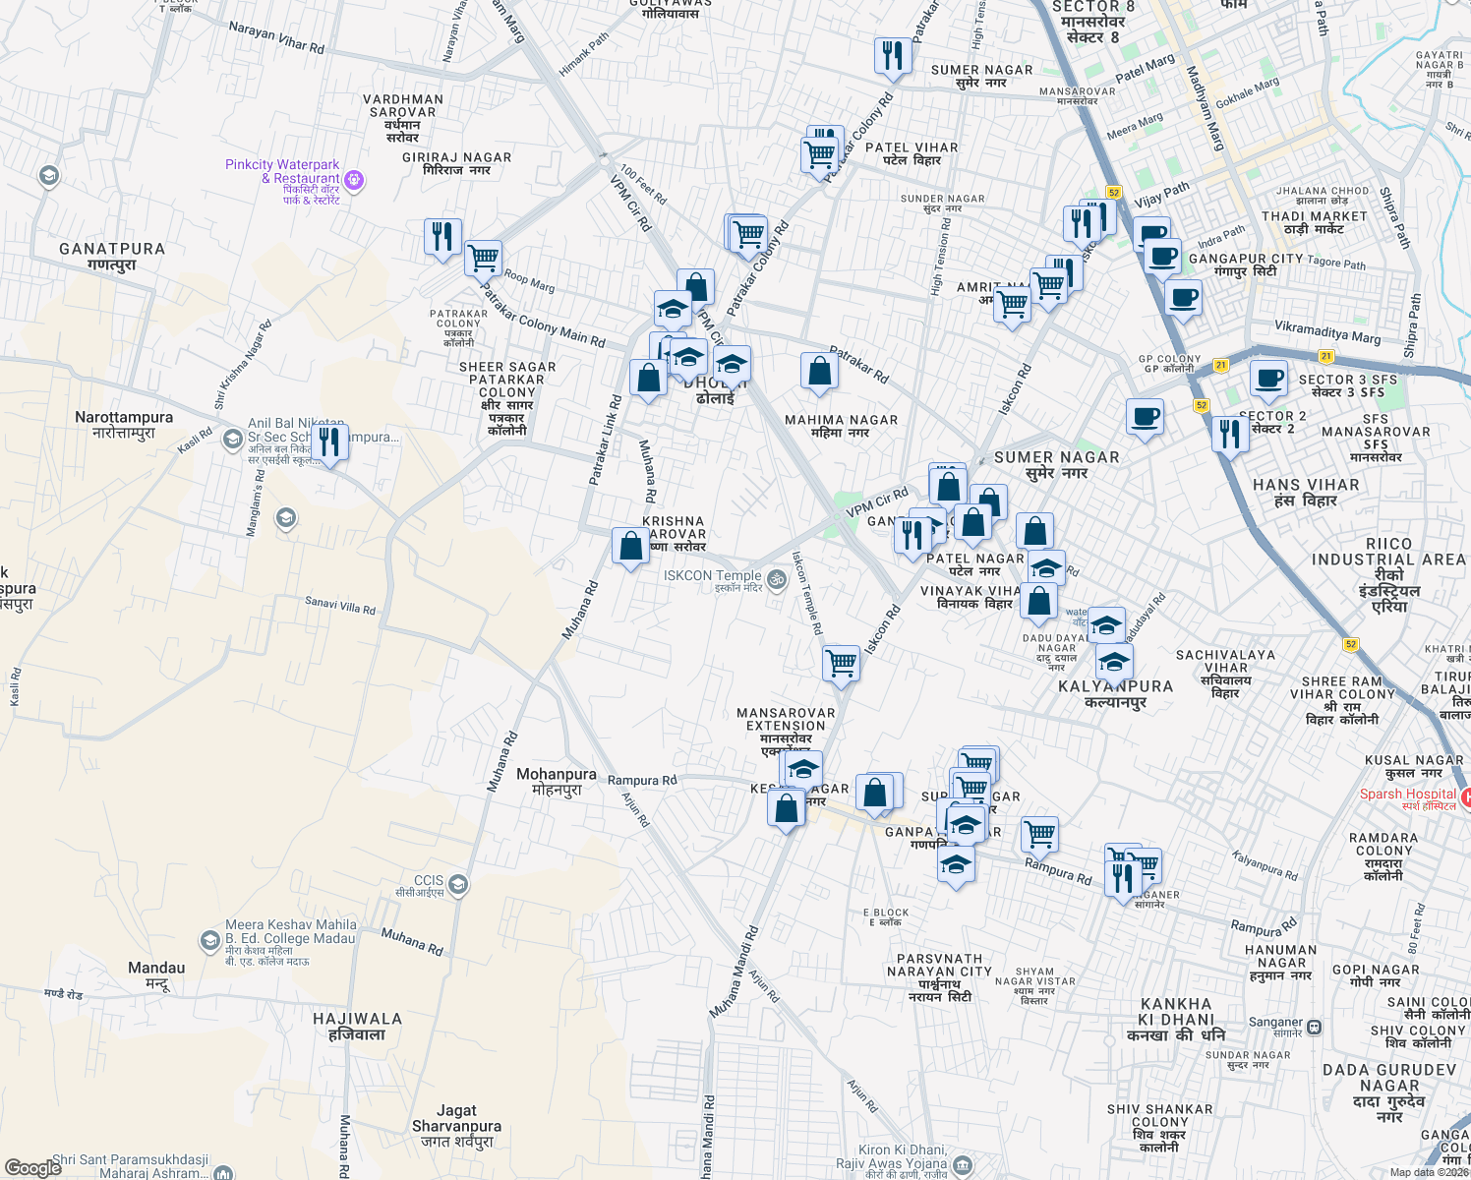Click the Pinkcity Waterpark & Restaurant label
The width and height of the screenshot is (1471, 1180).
[x=282, y=172]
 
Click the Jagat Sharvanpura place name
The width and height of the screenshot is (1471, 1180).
[x=456, y=1118]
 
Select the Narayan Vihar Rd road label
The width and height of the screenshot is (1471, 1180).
[x=276, y=38]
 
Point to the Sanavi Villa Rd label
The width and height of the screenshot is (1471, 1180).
[x=340, y=606]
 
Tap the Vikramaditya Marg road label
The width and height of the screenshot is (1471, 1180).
[x=1327, y=332]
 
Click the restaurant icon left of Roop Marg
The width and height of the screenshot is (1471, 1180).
[x=442, y=237]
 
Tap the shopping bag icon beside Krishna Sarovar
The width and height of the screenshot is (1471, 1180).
[x=630, y=546]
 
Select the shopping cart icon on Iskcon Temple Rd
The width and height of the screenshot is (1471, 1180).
[x=841, y=663]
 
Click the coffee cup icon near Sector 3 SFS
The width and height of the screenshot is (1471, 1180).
[x=1268, y=379]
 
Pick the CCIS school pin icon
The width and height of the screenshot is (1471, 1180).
[x=457, y=886]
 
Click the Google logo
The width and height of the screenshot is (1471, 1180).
[x=32, y=1168]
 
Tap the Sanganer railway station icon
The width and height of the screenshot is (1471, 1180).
[x=1314, y=1028]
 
